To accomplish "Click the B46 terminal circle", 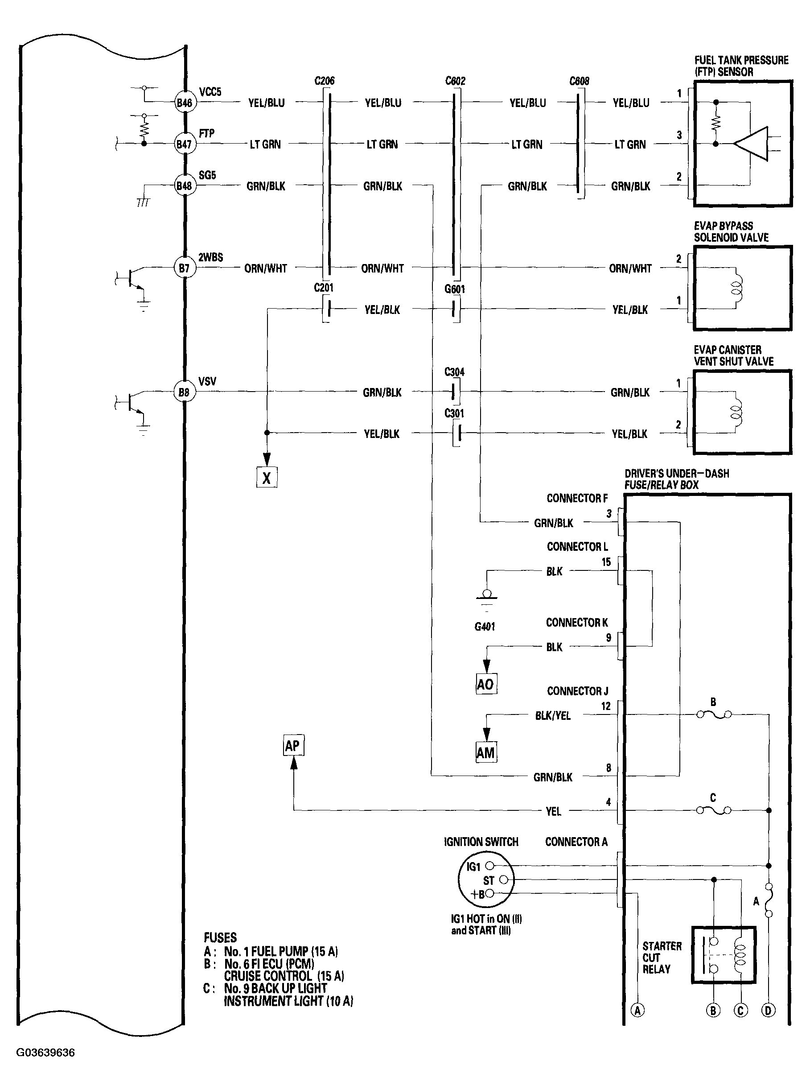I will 185,103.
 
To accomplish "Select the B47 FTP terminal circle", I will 185,144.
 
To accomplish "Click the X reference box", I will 267,477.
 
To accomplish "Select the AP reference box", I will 293,746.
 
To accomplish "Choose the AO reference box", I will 485,684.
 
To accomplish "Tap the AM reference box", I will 485,752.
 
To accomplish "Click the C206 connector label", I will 324,81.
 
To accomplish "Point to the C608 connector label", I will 579,81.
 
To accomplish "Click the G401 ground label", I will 485,627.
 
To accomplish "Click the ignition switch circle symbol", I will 485,880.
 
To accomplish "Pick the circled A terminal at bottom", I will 637,1011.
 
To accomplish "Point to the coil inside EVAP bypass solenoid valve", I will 736,288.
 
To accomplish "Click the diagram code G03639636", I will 45,1053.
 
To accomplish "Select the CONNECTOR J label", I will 577,691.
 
